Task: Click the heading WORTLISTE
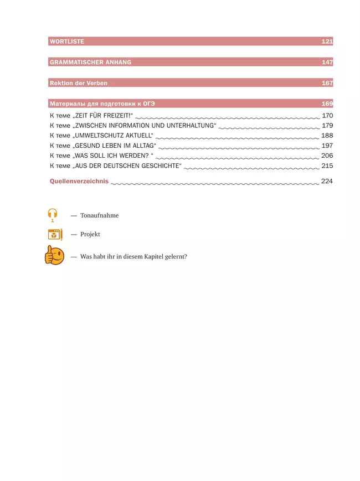click(67, 42)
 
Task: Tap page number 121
click(327, 42)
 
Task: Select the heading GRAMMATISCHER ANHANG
click(90, 63)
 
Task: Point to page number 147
click(327, 63)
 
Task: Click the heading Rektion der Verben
click(79, 83)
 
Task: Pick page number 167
click(327, 83)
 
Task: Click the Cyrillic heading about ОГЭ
click(102, 104)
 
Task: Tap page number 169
click(327, 104)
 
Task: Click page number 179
click(327, 126)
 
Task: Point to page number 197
click(327, 146)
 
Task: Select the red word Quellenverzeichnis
click(79, 181)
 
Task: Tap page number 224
click(327, 181)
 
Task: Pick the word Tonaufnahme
click(99, 215)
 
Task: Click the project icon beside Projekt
click(55, 234)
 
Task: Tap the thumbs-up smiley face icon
click(54, 255)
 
